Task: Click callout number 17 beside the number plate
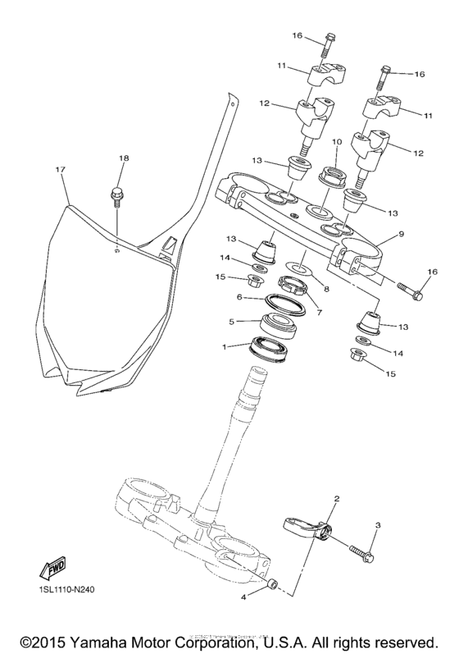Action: coord(60,170)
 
